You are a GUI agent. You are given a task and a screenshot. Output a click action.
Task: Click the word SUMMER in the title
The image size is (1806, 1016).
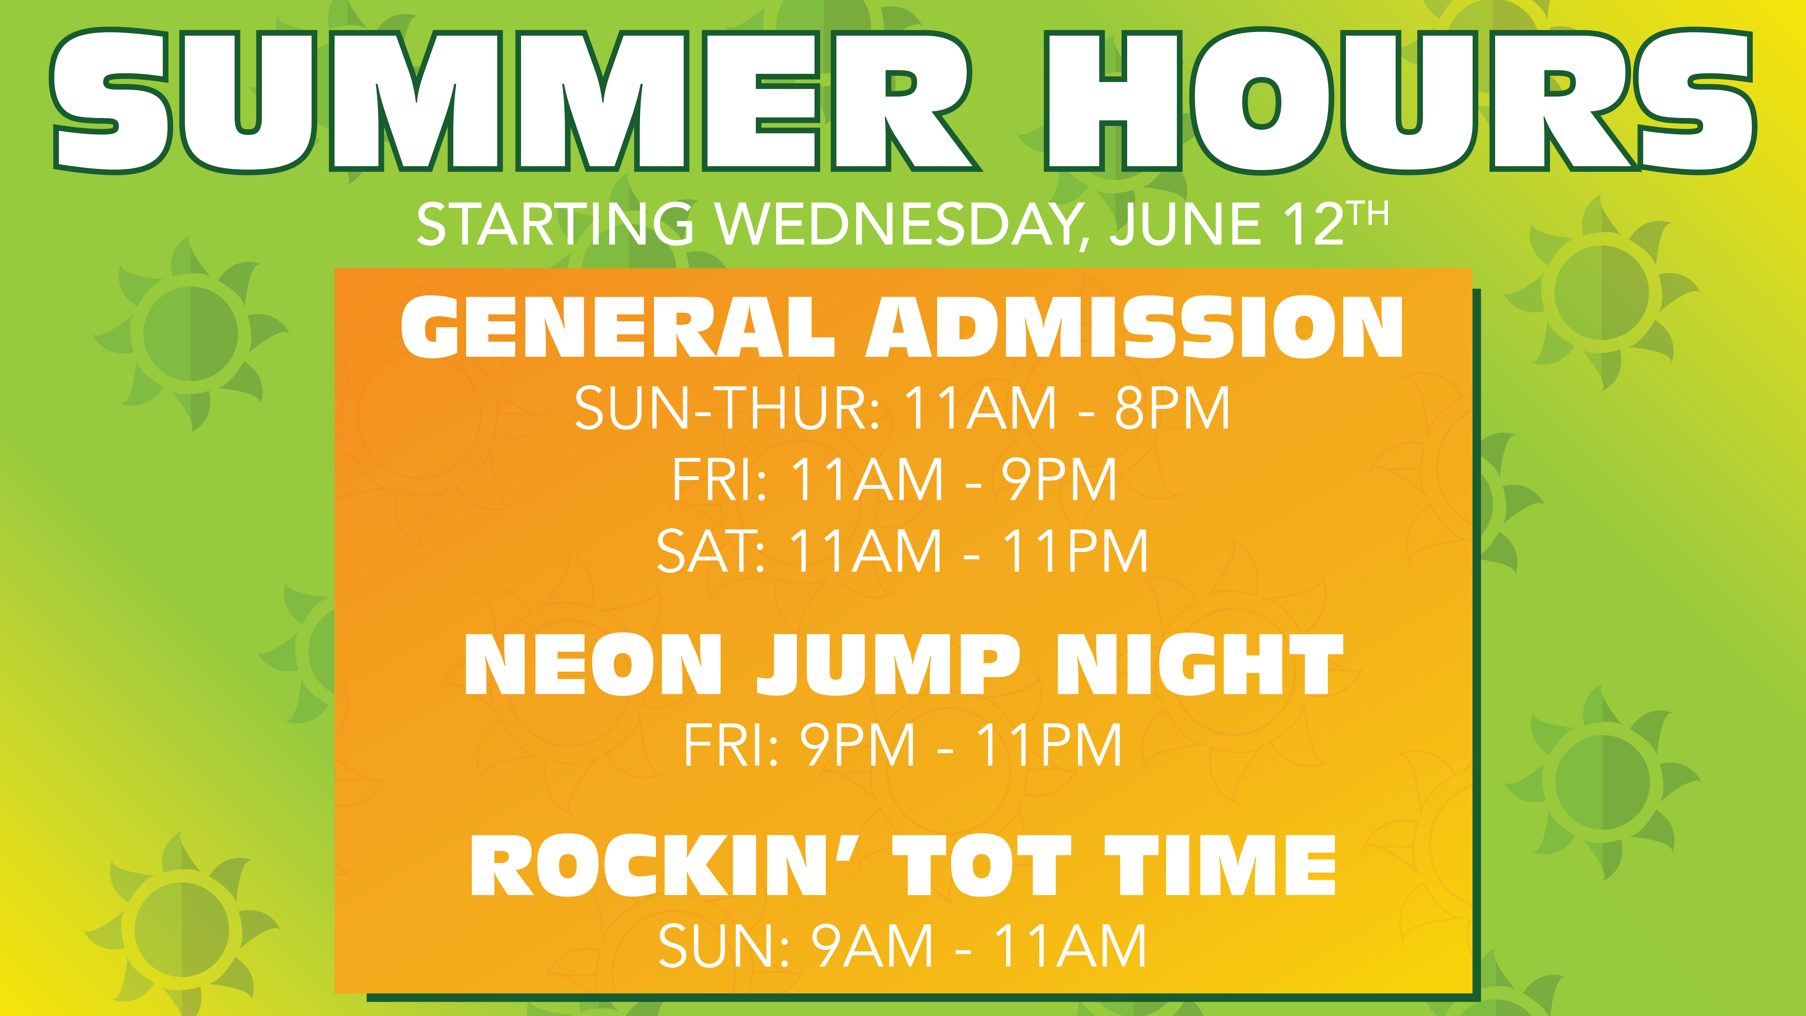point(515,100)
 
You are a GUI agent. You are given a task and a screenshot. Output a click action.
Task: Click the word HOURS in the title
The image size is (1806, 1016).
point(1400,100)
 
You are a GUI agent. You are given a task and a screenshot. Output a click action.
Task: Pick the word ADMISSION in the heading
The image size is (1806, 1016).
point(1134,327)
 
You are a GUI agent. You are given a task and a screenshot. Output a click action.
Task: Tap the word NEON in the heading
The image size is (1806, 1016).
point(592,665)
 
